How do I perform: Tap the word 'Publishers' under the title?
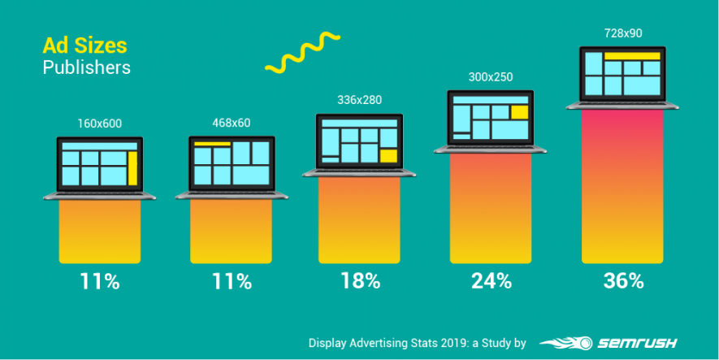[86, 67]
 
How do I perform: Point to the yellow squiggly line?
[301, 53]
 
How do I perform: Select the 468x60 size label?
[231, 124]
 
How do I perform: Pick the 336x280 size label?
[359, 100]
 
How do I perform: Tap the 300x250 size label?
[491, 77]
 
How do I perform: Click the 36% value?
[623, 281]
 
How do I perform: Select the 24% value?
[492, 281]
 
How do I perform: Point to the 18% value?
[360, 281]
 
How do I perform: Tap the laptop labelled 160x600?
[99, 167]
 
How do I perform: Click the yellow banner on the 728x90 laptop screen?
[634, 56]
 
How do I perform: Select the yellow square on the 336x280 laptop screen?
[388, 155]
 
